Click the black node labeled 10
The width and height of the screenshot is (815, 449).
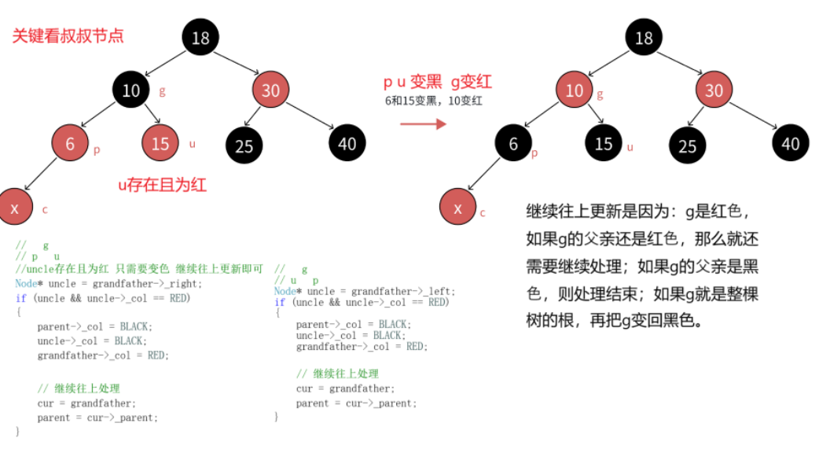coord(131,90)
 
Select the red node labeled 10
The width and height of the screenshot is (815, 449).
coord(575,90)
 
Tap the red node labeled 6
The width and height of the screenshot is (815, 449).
coord(70,144)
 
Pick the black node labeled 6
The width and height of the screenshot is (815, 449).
coord(513,144)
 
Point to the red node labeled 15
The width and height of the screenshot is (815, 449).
coord(160,144)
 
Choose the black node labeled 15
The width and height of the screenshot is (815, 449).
coord(604,144)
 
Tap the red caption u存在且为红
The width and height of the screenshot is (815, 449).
coord(162,185)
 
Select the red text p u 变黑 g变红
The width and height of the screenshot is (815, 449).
coord(438,82)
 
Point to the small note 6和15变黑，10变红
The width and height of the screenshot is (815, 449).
coord(432,100)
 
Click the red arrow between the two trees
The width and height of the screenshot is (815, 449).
coord(423,123)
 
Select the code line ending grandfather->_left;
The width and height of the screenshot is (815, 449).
coord(365,291)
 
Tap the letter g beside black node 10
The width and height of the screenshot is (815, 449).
coord(163,90)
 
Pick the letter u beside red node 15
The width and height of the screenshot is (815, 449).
coord(193,144)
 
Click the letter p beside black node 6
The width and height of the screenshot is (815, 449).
coord(534,153)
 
